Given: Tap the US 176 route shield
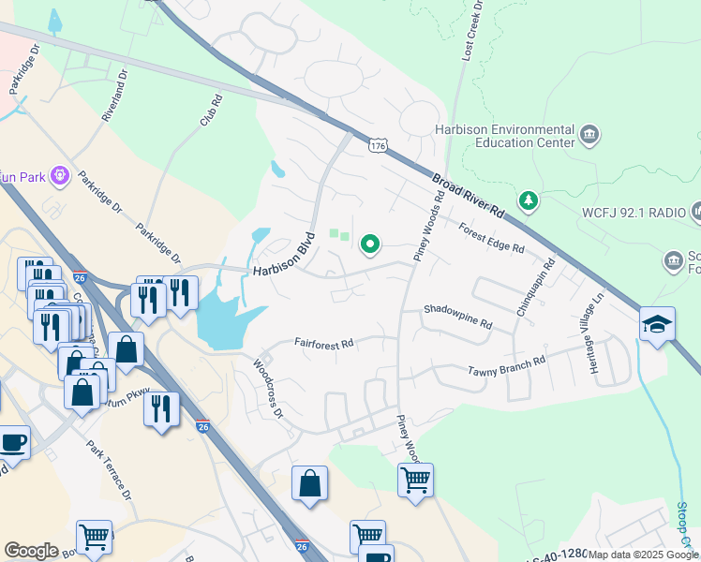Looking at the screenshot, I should (378, 146).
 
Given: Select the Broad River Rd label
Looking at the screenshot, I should (469, 197).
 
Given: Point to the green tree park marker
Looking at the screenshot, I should (529, 200).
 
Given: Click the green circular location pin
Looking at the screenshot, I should (370, 244).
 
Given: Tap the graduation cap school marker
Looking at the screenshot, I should (657, 324).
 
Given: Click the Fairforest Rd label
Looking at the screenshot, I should (323, 344).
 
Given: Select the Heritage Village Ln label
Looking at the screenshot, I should (592, 324).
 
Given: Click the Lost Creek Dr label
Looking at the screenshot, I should (470, 32).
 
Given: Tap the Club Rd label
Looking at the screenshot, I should (211, 110).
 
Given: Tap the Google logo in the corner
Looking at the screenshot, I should (32, 551).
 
